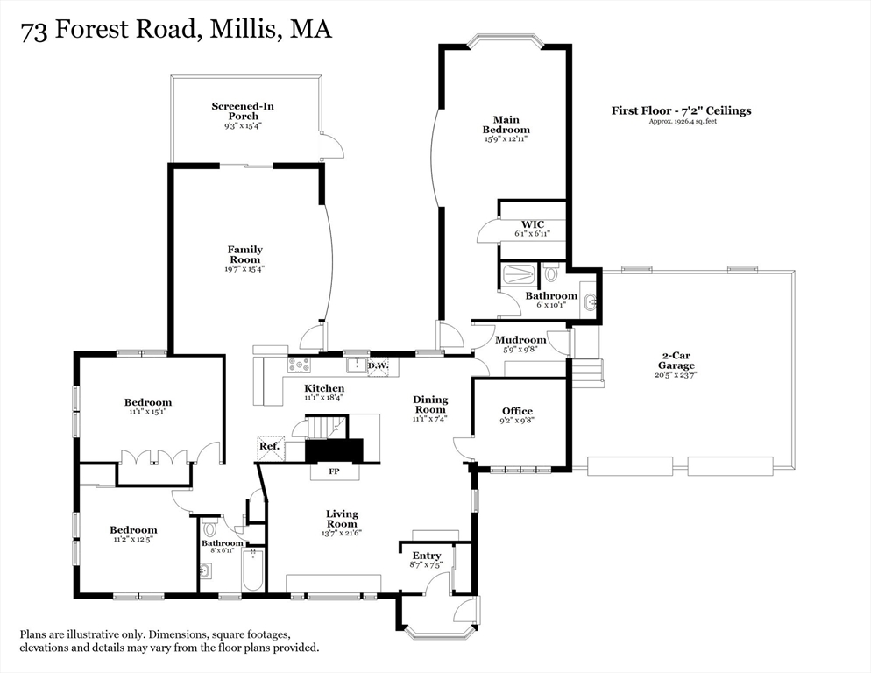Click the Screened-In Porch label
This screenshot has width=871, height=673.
[x=243, y=111]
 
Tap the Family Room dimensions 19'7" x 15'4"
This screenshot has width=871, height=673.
[x=244, y=269]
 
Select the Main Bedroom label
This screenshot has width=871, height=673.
[x=506, y=124]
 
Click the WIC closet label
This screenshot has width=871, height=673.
[x=533, y=224]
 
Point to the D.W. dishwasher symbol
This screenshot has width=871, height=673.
[x=378, y=365]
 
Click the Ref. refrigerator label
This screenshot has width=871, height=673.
[x=269, y=447]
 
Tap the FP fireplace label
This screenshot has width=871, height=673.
[x=333, y=471]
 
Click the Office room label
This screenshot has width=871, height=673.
[x=517, y=411]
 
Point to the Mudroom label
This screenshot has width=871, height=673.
[x=520, y=340]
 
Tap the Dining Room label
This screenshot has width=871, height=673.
[x=430, y=404]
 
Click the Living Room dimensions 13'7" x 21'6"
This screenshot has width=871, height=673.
[x=343, y=534]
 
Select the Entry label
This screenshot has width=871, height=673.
[x=427, y=556]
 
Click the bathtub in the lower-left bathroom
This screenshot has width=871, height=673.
[x=251, y=571]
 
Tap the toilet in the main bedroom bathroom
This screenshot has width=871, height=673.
[x=551, y=273]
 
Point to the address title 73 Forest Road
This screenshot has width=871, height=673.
[x=176, y=30]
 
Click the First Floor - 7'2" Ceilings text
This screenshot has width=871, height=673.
[x=681, y=110]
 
